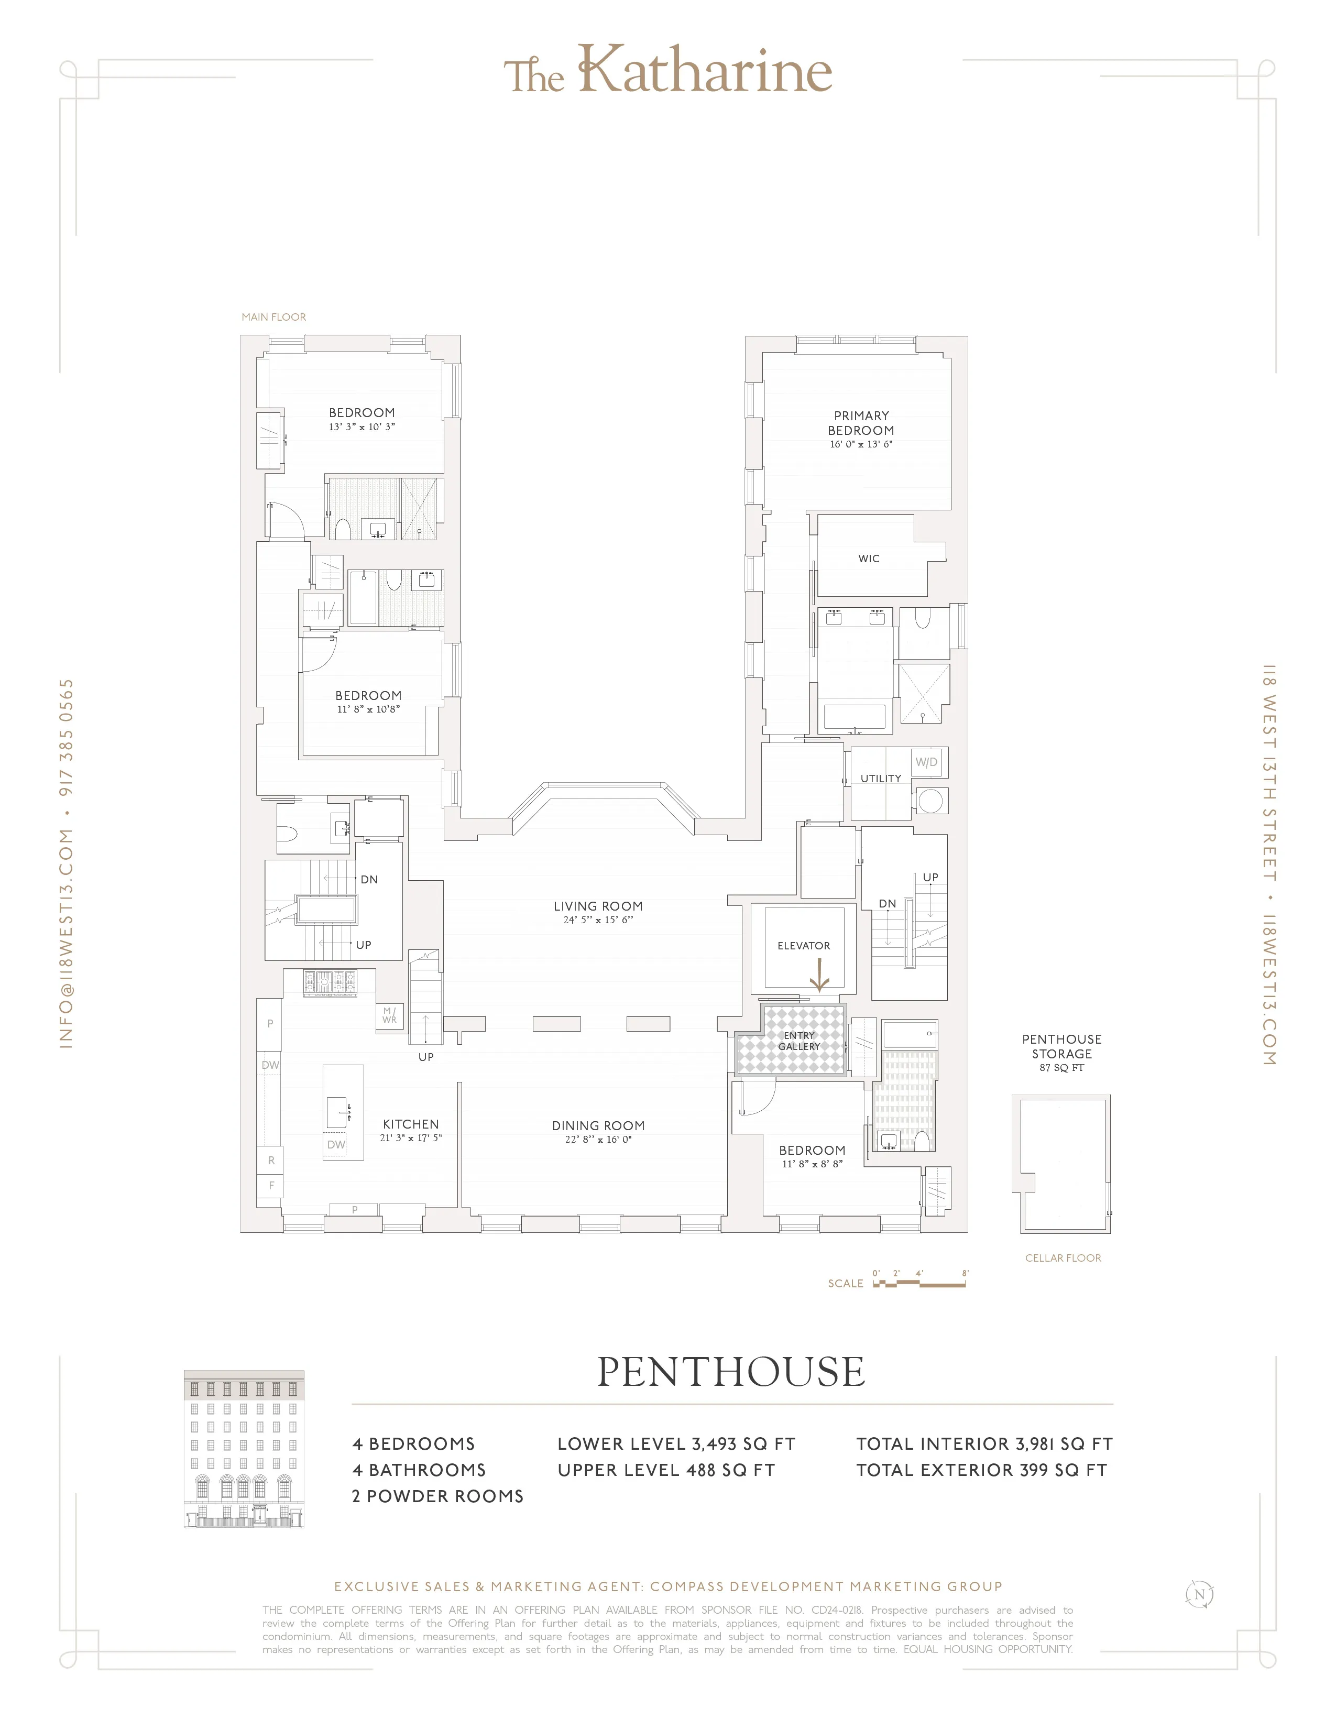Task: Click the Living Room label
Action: (598, 906)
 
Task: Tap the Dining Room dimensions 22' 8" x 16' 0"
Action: (598, 1139)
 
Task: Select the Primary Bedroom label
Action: (861, 423)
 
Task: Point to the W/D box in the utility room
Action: (927, 762)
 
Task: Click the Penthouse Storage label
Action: (1061, 1047)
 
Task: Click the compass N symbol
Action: (1199, 1594)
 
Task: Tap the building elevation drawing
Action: (244, 1448)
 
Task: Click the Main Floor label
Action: (274, 316)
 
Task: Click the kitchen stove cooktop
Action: (331, 982)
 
